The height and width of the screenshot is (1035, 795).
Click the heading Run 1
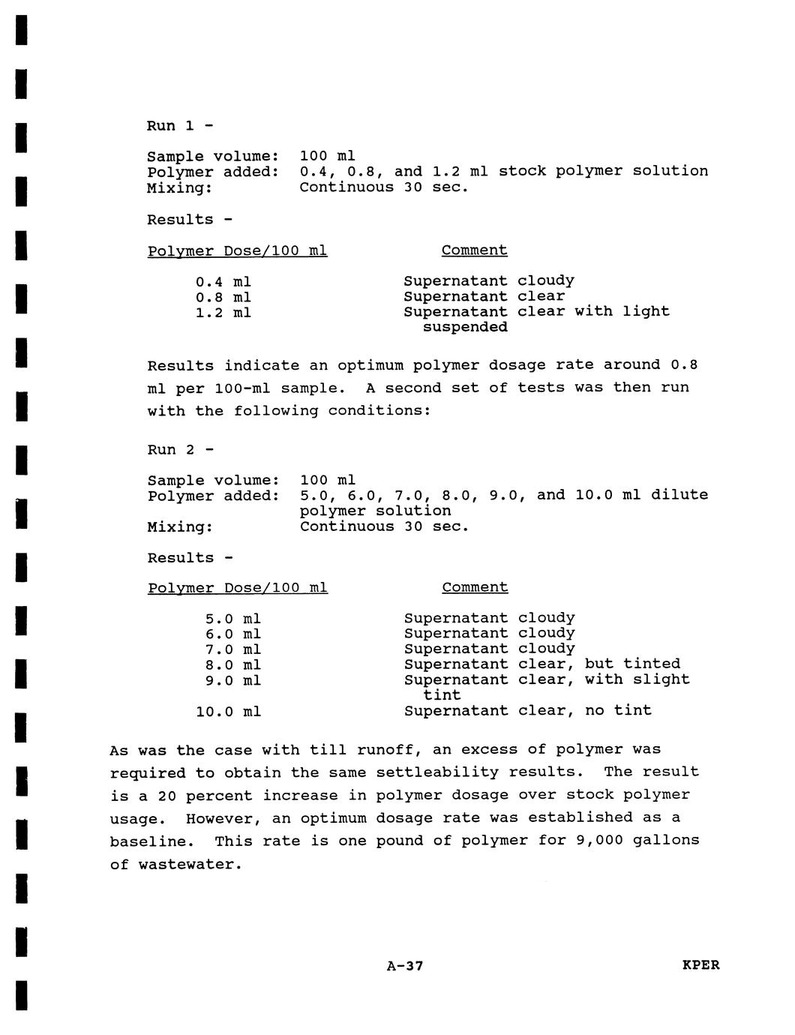point(179,125)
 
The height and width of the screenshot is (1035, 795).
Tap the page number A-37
point(405,966)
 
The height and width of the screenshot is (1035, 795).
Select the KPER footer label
point(700,965)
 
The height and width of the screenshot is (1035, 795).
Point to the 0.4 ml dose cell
point(223,282)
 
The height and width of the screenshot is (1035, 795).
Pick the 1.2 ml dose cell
point(223,313)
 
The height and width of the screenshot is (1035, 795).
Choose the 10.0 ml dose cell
point(228,711)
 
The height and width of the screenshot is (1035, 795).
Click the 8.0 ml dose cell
point(232,665)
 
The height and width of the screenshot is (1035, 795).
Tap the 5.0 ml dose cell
point(232,619)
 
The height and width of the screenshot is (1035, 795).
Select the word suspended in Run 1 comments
point(465,327)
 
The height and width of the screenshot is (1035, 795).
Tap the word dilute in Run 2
point(679,495)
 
